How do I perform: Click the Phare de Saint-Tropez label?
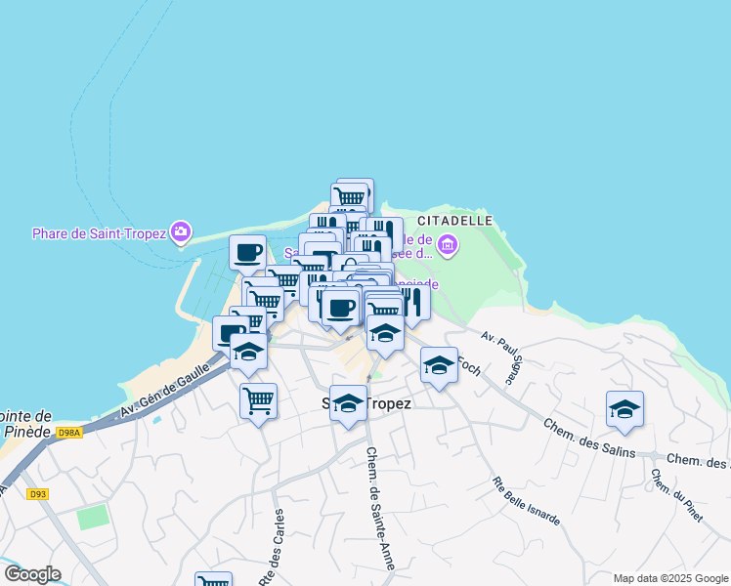[x=98, y=232]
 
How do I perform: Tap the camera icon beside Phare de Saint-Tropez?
[x=181, y=232]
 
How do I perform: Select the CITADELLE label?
[x=454, y=220]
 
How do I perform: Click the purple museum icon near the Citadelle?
[x=448, y=244]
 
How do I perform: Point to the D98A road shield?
[x=69, y=433]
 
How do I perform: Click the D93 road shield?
[x=38, y=494]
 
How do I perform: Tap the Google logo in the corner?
[x=32, y=574]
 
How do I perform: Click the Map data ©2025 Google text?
[x=670, y=578]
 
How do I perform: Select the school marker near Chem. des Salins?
[x=624, y=409]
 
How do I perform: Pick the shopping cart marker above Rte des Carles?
[x=258, y=400]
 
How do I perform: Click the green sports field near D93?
[x=95, y=517]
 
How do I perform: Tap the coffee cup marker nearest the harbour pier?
[x=247, y=253]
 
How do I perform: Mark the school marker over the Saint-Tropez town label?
[x=348, y=403]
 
